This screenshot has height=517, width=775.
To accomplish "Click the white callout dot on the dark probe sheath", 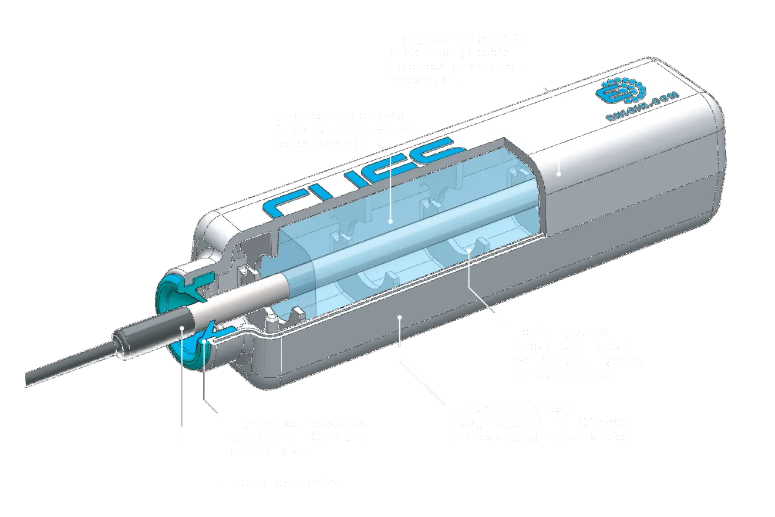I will click(182, 328).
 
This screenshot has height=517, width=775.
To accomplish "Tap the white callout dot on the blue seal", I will click(203, 340).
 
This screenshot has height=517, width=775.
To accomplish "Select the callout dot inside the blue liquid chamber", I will click(391, 222).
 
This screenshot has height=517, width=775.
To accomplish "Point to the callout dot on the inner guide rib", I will click(470, 251).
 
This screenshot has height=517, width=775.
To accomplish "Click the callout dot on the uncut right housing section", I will click(558, 173).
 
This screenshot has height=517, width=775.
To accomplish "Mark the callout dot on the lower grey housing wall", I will click(399, 318).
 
